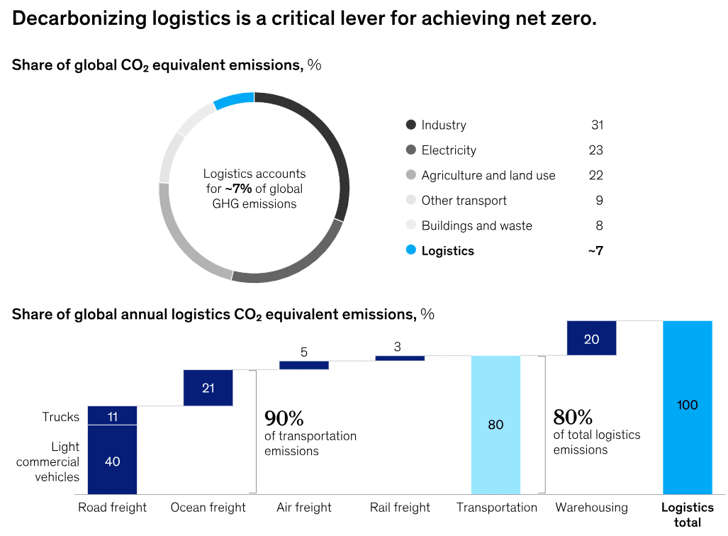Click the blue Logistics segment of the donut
234,100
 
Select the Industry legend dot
410,125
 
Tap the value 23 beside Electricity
595,150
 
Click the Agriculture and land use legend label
488,175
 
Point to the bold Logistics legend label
447,251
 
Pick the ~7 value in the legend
595,251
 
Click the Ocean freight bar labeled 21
208,388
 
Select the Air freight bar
304,365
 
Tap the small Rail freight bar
400,358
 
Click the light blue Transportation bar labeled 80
495,425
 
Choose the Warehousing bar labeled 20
591,338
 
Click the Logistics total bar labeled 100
687,406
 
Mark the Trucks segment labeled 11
112,416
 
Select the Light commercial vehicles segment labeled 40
112,461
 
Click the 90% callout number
284,417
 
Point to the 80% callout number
573,417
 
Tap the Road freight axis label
112,508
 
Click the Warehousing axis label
591,508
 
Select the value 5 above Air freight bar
304,352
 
